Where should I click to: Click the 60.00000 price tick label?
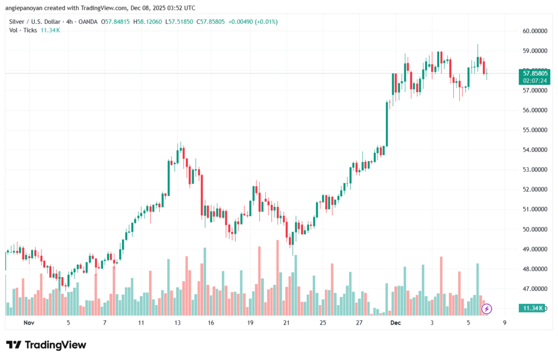point(533,31)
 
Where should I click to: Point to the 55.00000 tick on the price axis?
point(533,130)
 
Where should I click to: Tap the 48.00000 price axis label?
point(533,269)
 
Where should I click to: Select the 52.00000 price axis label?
point(533,190)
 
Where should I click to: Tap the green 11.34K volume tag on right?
point(532,308)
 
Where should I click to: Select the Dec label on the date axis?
point(396,323)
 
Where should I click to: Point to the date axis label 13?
point(177,323)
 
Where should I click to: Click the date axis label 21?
point(287,323)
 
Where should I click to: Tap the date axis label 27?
point(359,323)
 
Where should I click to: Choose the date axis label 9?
point(505,323)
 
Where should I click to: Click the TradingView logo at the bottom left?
point(46,345)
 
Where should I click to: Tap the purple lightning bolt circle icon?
point(487,309)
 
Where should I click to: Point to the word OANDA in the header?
point(88,22)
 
